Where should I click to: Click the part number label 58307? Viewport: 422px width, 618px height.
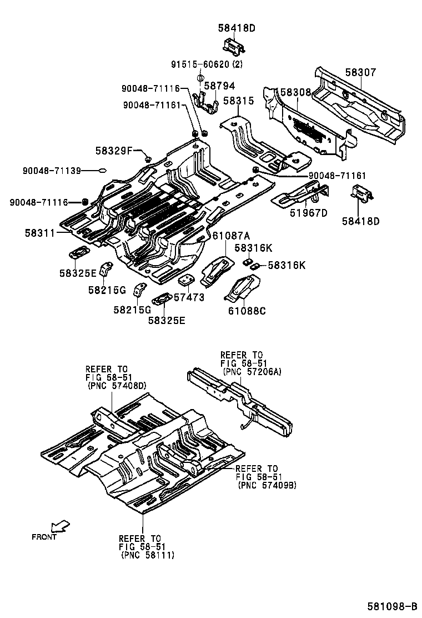pyautogui.click(x=360, y=72)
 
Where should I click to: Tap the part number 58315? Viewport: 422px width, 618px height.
pyautogui.click(x=238, y=101)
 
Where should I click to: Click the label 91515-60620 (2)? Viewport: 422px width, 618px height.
pyautogui.click(x=207, y=64)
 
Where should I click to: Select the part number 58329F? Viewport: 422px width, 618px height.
pyautogui.click(x=114, y=150)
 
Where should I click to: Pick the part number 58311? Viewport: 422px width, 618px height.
pyautogui.click(x=39, y=233)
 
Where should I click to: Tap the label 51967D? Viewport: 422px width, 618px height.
pyautogui.click(x=308, y=212)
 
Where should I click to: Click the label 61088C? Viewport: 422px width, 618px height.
pyautogui.click(x=247, y=311)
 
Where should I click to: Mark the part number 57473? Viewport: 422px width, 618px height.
pyautogui.click(x=189, y=297)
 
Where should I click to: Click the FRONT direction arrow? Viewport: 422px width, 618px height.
pyautogui.click(x=59, y=526)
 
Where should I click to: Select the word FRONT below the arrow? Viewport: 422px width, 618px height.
pyautogui.click(x=44, y=537)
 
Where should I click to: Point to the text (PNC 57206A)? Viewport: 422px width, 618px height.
pyautogui.click(x=252, y=371)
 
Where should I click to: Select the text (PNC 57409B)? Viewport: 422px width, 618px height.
pyautogui.click(x=267, y=485)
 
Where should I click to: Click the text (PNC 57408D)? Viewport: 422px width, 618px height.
pyautogui.click(x=117, y=385)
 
